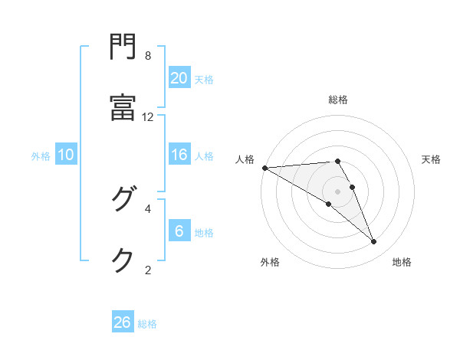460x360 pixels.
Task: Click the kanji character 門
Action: pyautogui.click(x=123, y=49)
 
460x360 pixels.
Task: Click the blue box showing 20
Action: pyautogui.click(x=179, y=78)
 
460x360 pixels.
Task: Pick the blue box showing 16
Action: pyautogui.click(x=179, y=155)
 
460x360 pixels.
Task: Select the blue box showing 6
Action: pyautogui.click(x=179, y=231)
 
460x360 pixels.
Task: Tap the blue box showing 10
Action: pyautogui.click(x=66, y=155)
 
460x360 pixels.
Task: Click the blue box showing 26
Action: pyautogui.click(x=123, y=322)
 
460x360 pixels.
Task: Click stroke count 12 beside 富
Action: pyautogui.click(x=148, y=116)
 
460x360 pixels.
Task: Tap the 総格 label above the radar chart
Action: pyautogui.click(x=338, y=100)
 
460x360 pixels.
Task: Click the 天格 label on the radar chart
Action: pyautogui.click(x=432, y=159)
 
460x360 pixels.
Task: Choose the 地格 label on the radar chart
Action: pyautogui.click(x=402, y=262)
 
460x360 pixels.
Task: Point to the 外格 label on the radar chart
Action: pyautogui.click(x=270, y=262)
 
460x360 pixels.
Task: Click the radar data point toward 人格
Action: pyautogui.click(x=264, y=168)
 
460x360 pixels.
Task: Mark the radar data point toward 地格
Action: pyautogui.click(x=374, y=242)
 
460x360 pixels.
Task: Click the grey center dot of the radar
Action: pyautogui.click(x=337, y=191)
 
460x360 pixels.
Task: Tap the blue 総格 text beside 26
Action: pyautogui.click(x=147, y=324)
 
